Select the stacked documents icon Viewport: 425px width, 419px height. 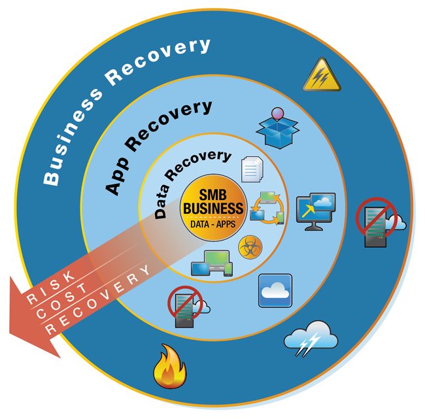pyautogui.click(x=252, y=168)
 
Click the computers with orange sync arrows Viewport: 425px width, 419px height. pyautogui.click(x=267, y=208)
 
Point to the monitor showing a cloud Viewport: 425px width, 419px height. pyautogui.click(x=316, y=210)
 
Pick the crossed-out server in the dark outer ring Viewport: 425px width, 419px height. pyautogui.click(x=377, y=222)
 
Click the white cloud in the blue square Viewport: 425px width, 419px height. pyautogui.click(x=275, y=290)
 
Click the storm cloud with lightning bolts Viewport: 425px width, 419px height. pyautogui.click(x=311, y=337)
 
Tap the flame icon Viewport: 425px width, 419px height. pyautogui.click(x=169, y=369)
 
